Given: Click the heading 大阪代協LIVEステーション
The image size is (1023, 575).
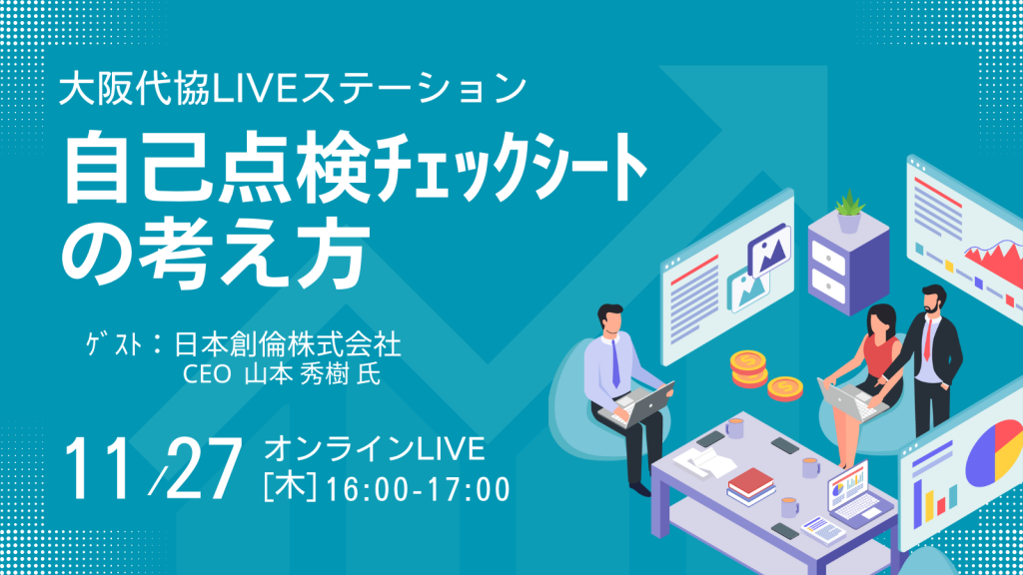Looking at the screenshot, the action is tap(293, 89).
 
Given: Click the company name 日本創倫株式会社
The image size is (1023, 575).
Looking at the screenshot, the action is tap(288, 344).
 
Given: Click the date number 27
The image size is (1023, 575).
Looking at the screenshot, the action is tap(202, 469).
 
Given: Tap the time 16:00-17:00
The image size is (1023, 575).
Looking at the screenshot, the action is tap(418, 490).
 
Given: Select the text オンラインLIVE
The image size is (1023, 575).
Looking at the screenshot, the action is tap(375, 449).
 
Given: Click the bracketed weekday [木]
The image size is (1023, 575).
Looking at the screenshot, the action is tap(291, 488).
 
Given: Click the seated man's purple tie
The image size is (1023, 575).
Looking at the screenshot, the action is tap(615, 364).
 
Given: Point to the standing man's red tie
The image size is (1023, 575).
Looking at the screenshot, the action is tap(928, 338).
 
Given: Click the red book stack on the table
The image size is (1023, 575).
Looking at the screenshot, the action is tap(751, 486).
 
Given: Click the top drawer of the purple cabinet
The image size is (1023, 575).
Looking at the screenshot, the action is tap(828, 257).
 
